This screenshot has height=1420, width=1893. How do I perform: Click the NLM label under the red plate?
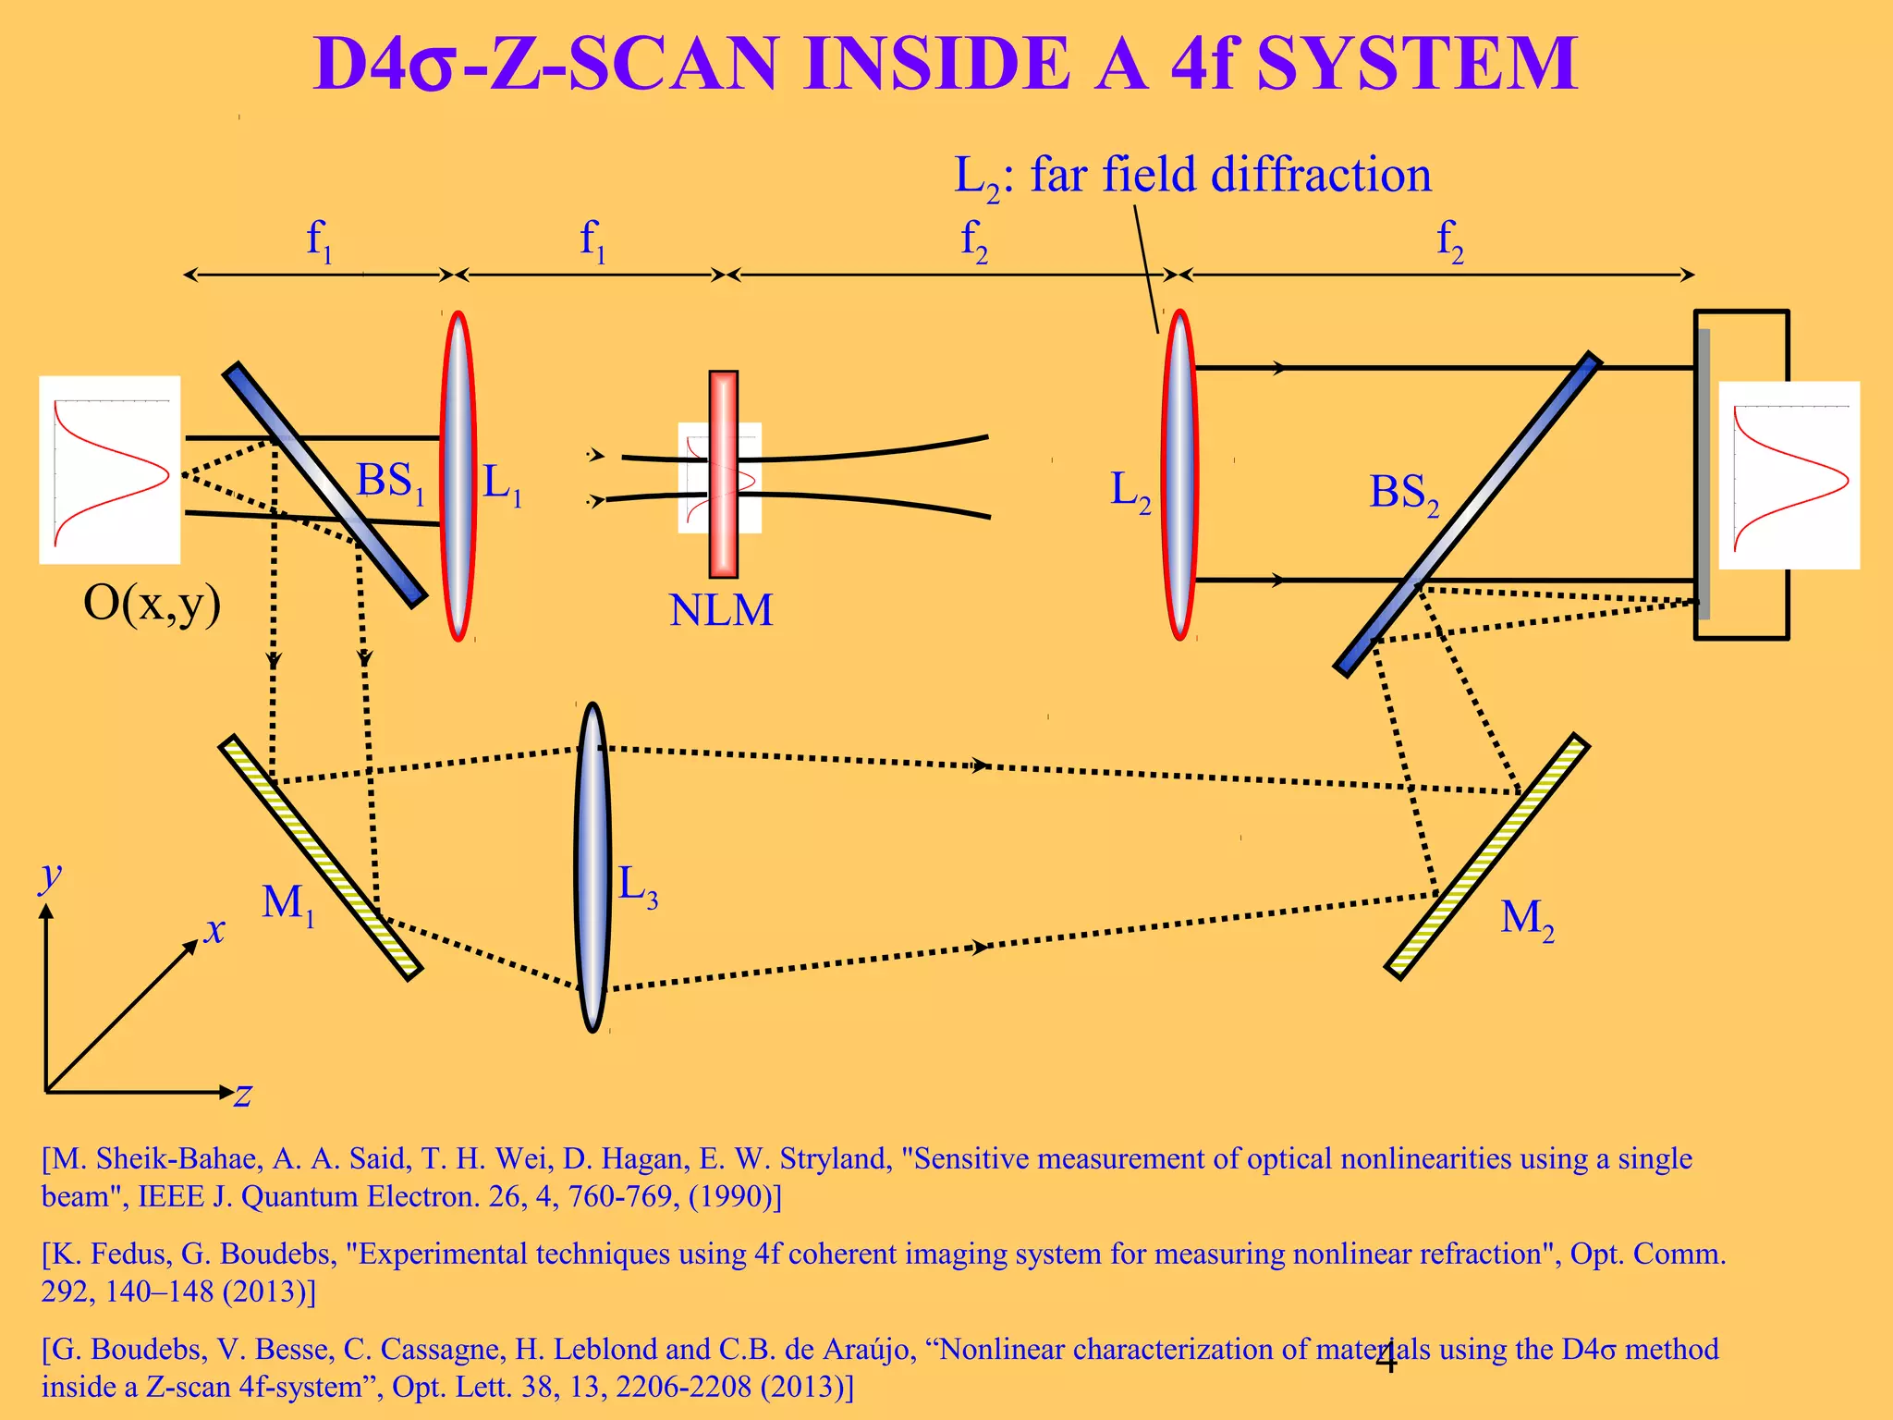(x=721, y=611)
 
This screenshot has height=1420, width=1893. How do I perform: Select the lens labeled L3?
(x=592, y=867)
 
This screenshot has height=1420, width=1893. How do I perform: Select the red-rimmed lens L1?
(x=458, y=476)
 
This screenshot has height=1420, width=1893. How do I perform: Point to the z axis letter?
(x=243, y=1095)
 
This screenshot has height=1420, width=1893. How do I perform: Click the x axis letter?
(x=214, y=930)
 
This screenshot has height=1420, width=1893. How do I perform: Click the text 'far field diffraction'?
(x=1230, y=175)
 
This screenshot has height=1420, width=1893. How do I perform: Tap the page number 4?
(x=1386, y=1359)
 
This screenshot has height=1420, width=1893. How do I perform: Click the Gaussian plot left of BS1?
(x=110, y=470)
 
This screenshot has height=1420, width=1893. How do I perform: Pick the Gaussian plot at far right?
(x=1789, y=475)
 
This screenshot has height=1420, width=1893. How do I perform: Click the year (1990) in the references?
(x=734, y=1197)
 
